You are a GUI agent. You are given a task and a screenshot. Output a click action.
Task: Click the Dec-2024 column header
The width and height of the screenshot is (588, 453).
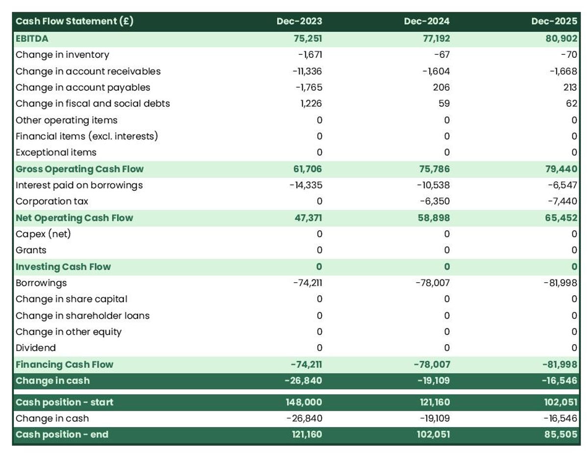pos(426,21)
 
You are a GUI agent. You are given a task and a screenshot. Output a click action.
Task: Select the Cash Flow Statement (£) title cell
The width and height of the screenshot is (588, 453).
pos(74,21)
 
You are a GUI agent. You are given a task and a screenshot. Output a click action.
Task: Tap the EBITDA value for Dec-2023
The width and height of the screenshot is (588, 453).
pos(308,38)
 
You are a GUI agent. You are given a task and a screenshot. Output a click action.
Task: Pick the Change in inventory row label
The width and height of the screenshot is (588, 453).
pos(62,54)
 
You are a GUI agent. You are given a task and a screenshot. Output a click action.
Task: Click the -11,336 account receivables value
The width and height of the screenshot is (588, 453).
pos(307,71)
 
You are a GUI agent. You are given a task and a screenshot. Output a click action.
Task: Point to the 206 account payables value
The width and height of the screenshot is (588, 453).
pos(441,87)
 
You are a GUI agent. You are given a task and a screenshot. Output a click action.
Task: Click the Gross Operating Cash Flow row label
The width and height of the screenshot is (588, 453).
pos(79,169)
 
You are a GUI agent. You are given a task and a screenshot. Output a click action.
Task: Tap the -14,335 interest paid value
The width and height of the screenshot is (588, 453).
pos(306,185)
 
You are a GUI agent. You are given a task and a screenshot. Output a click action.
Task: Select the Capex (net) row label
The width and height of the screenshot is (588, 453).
pos(43,234)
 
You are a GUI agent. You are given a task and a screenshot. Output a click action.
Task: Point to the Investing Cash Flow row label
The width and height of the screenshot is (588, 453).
pos(63,267)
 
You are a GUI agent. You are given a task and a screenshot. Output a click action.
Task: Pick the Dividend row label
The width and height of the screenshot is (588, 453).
pos(36,348)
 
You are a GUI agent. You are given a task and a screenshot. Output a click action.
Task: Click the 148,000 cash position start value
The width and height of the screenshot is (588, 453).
pos(304,402)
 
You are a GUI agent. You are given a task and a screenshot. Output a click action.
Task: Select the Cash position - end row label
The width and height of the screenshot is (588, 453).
pos(62,434)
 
